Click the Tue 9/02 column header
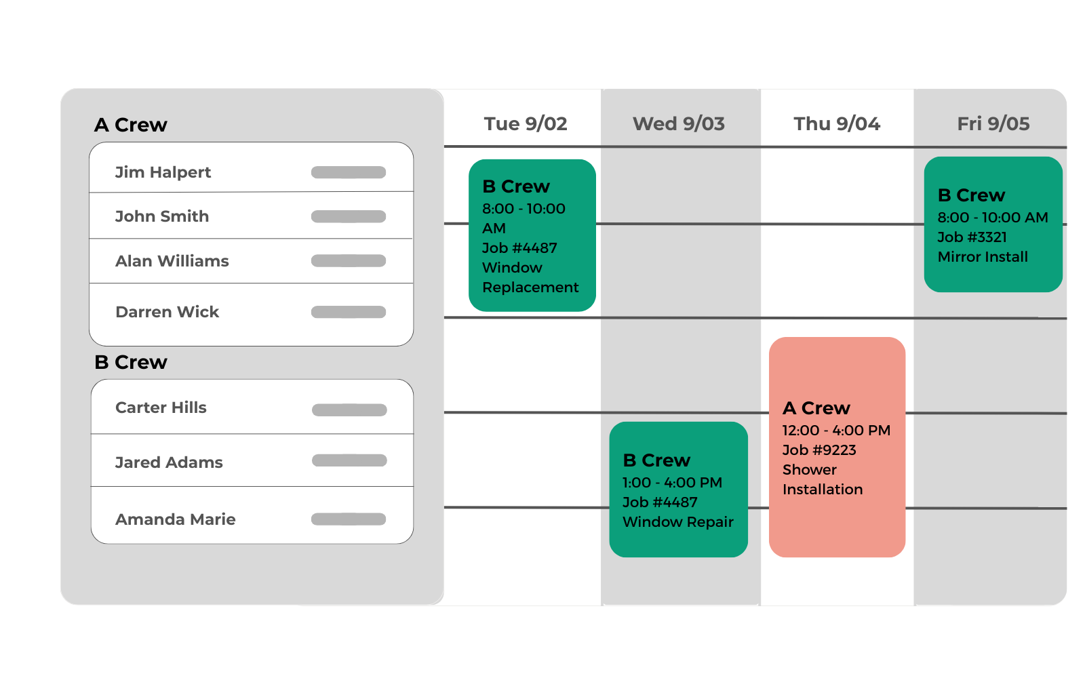coord(526,124)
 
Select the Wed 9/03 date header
coord(679,124)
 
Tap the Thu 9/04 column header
coord(837,124)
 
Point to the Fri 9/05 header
coord(993,124)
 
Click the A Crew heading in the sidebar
coord(131,125)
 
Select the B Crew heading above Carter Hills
coord(131,362)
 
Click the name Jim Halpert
coord(163,172)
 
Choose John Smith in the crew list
coord(162,216)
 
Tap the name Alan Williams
coord(172,261)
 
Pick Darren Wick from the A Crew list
coord(167,312)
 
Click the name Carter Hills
coord(161,408)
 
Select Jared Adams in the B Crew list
coord(169,462)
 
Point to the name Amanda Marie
coord(176,519)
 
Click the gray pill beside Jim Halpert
coord(349,172)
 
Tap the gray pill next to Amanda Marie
coord(349,519)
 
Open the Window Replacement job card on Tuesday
coord(532,235)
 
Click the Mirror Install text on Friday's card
coord(983,257)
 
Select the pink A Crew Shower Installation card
coord(837,447)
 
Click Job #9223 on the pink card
coord(820,450)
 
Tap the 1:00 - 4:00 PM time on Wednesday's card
coord(672,483)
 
